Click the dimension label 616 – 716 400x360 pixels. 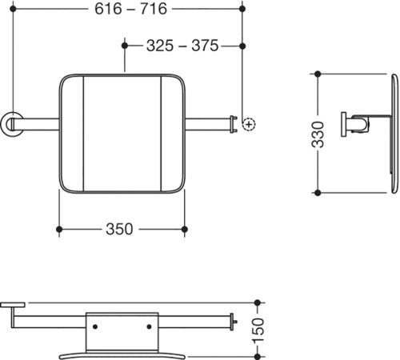[131, 9]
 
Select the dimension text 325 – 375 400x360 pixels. [182, 46]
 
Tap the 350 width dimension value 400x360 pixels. [119, 229]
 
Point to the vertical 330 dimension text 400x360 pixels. [318, 134]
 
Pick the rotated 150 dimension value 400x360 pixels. [258, 330]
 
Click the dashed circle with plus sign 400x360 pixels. [249, 124]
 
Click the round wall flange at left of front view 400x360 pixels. [11, 124]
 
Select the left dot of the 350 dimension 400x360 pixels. [59, 230]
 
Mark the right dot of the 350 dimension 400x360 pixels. [184, 230]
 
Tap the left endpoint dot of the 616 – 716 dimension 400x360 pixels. [13, 9]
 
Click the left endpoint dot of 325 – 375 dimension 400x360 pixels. [125, 46]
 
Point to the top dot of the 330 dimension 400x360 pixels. [318, 74]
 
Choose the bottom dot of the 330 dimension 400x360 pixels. [318, 193]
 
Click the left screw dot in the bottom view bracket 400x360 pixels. [95, 326]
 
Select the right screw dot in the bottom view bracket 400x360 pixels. [149, 326]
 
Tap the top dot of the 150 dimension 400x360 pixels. [258, 302]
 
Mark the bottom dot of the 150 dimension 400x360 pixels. [258, 356]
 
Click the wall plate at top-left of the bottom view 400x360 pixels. [13, 305]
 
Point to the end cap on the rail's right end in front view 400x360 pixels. [234, 124]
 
